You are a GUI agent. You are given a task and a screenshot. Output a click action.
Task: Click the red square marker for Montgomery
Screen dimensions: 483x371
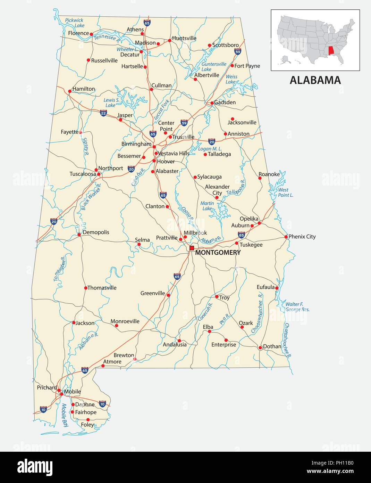[192, 248]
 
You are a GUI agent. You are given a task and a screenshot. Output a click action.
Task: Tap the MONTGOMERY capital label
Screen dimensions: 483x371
[218, 253]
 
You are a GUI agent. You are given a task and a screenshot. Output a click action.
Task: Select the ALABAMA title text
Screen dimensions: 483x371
[315, 80]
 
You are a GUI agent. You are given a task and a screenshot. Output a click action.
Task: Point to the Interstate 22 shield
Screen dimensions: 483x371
[103, 113]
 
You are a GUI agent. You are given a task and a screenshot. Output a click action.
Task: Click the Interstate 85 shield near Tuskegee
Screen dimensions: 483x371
[242, 235]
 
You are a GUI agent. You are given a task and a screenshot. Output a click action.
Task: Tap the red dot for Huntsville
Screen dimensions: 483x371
[170, 41]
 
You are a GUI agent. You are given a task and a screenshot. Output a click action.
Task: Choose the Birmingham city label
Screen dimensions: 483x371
[136, 144]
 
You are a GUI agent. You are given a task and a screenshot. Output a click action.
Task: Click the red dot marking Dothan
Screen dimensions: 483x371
[260, 347]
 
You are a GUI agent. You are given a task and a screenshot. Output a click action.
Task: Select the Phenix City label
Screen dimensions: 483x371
[302, 237]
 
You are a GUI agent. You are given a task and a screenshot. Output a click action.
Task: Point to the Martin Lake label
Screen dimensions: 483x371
[207, 206]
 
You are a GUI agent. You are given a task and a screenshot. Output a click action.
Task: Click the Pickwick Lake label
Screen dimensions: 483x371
[75, 23]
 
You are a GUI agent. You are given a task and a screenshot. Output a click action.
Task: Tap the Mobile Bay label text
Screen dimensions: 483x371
[65, 415]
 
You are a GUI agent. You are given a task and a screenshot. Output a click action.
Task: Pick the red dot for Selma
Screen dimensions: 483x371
[139, 244]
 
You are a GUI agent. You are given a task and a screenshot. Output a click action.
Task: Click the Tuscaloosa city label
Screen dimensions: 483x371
[83, 174]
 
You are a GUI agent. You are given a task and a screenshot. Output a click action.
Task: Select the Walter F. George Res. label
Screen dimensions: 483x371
[297, 307]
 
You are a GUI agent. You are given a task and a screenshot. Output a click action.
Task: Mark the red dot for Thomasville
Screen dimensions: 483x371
[86, 288]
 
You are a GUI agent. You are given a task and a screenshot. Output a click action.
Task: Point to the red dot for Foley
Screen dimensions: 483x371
[88, 420]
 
